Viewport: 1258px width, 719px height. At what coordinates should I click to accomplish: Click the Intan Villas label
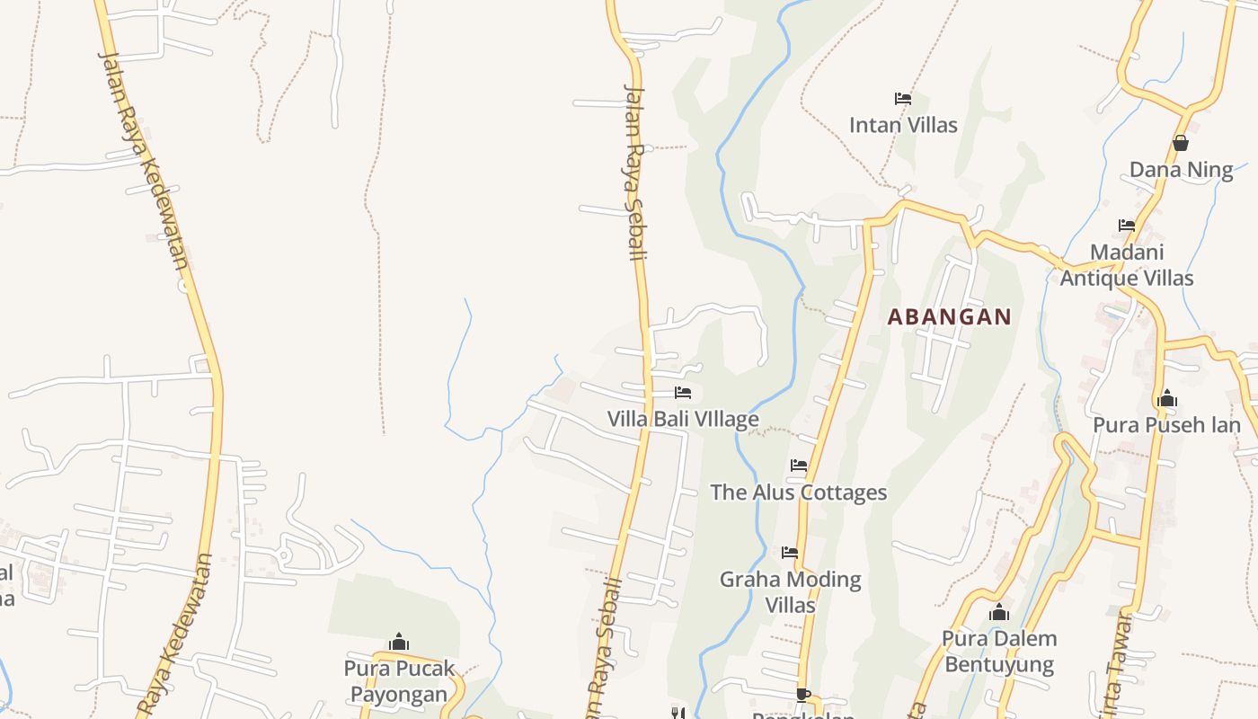point(903,125)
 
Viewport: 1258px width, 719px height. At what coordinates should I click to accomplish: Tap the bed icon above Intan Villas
point(903,98)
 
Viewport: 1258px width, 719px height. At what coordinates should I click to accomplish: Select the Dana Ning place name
point(1181,170)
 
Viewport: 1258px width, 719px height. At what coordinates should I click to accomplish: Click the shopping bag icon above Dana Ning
point(1181,143)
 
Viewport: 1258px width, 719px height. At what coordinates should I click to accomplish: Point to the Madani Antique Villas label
point(1127,265)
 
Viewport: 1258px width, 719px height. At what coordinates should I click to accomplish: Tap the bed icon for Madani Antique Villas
point(1127,225)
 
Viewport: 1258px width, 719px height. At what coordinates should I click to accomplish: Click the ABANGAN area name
point(950,316)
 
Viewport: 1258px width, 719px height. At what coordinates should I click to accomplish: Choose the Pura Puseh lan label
point(1166,424)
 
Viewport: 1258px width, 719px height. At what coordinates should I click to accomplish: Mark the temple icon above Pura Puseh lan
point(1167,397)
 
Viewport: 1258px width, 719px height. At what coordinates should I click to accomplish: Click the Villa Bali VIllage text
point(683,420)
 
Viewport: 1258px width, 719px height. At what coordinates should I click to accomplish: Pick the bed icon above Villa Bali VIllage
point(683,393)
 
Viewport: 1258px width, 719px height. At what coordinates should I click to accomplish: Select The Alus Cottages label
point(799,493)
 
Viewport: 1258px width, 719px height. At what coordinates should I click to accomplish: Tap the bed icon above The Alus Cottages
point(799,466)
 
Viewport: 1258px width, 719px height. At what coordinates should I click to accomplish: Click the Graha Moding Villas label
point(791,591)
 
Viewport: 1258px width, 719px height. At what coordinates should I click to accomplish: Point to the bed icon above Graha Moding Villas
point(790,552)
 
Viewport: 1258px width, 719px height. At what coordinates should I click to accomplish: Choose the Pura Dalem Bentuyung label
point(999,652)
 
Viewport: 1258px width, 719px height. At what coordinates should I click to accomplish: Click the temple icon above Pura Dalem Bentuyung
point(998,613)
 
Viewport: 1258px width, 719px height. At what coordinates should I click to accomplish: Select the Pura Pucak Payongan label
point(399,681)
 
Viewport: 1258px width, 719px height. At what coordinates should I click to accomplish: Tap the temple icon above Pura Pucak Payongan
point(399,642)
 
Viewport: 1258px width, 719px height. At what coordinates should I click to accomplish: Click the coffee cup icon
point(803,695)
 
